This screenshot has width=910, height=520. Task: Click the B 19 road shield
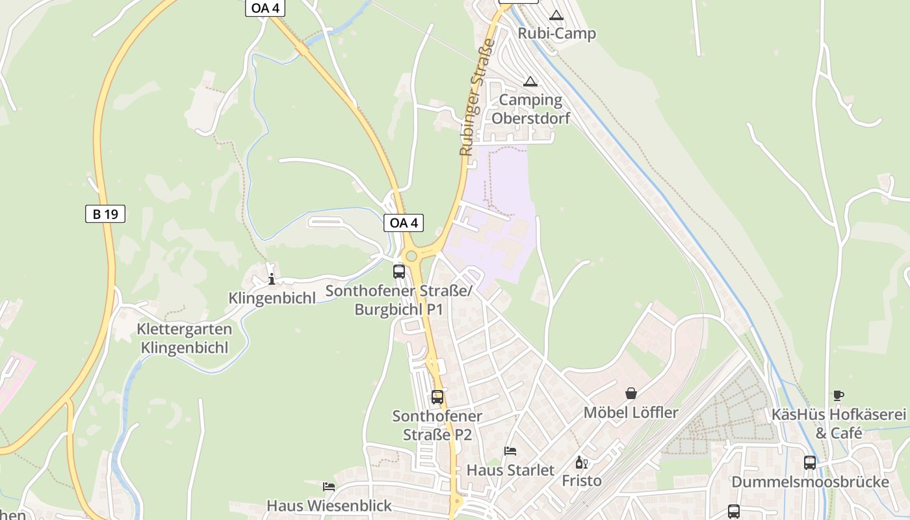[x=105, y=213]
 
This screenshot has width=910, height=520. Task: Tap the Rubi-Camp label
[x=556, y=33]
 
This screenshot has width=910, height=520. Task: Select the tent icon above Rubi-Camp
[x=556, y=16]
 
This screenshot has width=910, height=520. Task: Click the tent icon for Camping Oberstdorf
[x=530, y=82]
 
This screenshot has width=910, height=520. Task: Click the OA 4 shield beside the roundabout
[x=404, y=223]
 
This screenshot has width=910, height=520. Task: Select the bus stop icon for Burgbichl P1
[x=399, y=272]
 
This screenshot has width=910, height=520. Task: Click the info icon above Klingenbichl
[x=272, y=279]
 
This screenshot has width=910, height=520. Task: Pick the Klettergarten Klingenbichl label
[x=184, y=338]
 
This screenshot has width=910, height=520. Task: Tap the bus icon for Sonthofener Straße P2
[x=437, y=396]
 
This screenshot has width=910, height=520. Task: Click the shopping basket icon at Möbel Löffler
[x=630, y=393]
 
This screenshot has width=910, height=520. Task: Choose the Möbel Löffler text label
[x=630, y=413]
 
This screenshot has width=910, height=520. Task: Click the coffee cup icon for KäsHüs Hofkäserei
[x=838, y=395]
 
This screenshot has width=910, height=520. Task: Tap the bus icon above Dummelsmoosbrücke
[x=810, y=463]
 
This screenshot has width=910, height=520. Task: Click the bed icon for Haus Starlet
[x=510, y=451]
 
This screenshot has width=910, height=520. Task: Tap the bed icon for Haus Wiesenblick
[x=329, y=486]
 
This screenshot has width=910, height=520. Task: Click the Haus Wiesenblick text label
[x=329, y=505]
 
